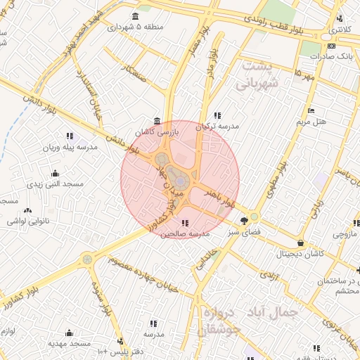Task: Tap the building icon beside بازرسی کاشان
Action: coord(157,120)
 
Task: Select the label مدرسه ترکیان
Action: coord(217,127)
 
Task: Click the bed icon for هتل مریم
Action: coord(311,110)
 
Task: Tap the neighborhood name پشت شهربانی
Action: coord(262,75)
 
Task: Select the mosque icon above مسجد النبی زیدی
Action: coord(56,173)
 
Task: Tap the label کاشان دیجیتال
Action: coord(301,253)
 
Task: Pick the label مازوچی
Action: coord(346,233)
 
